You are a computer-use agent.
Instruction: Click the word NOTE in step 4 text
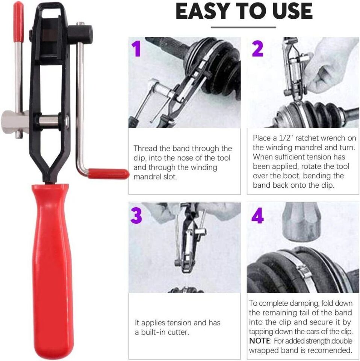pos(260,341)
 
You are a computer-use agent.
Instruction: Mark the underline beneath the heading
pos(243,27)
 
